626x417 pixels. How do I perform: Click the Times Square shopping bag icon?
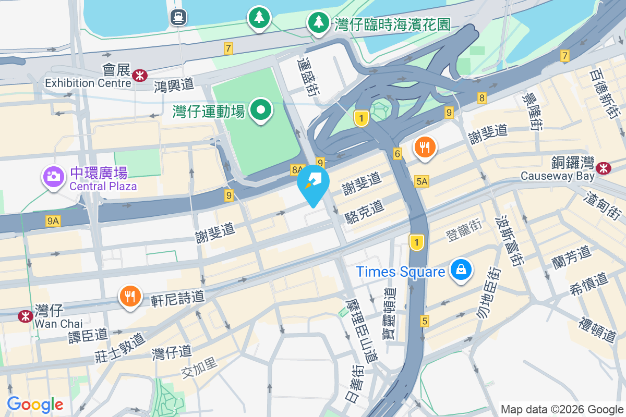pos(461,270)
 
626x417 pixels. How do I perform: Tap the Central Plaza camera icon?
pos(53,177)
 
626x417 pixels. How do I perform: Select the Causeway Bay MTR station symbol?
pos(604,168)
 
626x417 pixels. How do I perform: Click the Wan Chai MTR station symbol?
pos(24,316)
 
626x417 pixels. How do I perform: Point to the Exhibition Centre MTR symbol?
pos(139,76)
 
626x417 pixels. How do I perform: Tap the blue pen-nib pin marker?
pos(313,182)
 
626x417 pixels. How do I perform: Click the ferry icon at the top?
pos(178,18)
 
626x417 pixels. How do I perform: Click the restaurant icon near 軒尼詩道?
pos(130,297)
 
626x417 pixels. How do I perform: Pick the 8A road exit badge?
pos(297,169)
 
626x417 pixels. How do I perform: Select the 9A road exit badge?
pos(53,222)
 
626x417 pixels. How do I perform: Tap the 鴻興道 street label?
pos(174,84)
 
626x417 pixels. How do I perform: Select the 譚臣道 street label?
pos(88,335)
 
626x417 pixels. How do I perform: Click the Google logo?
pos(35,404)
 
